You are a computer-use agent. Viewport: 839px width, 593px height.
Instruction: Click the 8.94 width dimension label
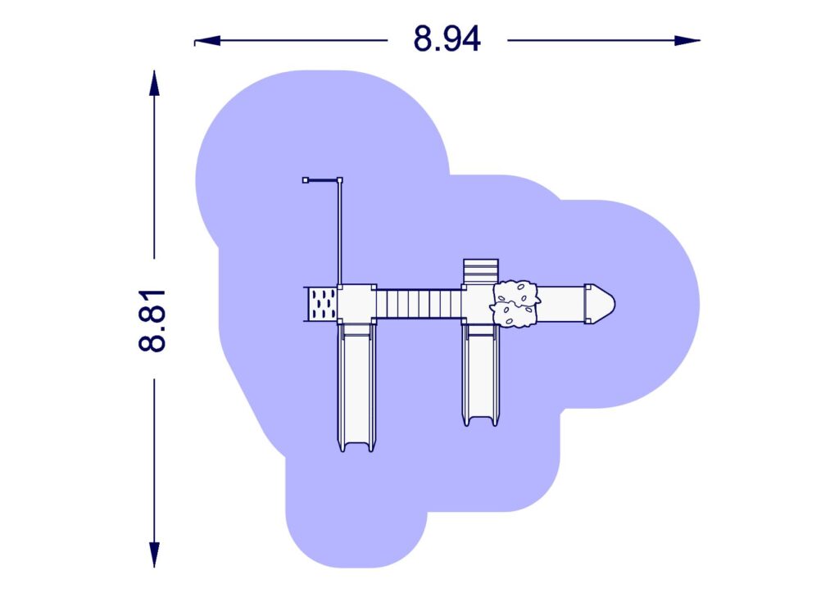tap(447, 39)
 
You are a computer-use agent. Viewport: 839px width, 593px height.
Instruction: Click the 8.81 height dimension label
tap(152, 320)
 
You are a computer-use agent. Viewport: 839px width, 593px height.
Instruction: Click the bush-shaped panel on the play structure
tap(515, 303)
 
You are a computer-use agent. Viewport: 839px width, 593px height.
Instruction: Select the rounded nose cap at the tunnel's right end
tap(603, 303)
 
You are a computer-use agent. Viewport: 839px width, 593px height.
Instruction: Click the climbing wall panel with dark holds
tap(321, 304)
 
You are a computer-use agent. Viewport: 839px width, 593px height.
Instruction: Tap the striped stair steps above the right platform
tap(480, 271)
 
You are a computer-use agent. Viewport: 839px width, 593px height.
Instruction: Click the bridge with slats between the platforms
tap(418, 304)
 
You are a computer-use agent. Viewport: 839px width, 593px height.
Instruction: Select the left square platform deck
tap(357, 304)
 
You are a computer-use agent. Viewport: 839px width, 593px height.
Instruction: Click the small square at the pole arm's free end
tap(306, 179)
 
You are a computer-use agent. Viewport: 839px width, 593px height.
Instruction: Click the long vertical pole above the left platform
tap(339, 233)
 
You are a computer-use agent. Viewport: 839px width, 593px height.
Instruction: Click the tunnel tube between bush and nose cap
tap(562, 303)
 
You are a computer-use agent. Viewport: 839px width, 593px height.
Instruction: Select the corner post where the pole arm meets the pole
tap(339, 179)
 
